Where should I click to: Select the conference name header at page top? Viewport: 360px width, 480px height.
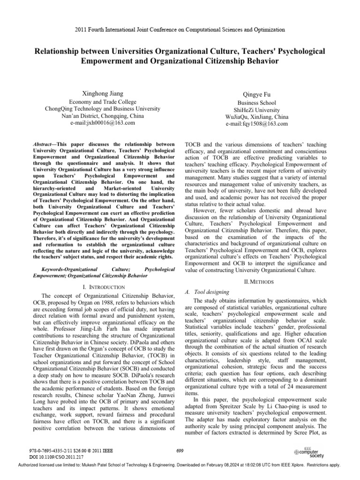tap(180, 30)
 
